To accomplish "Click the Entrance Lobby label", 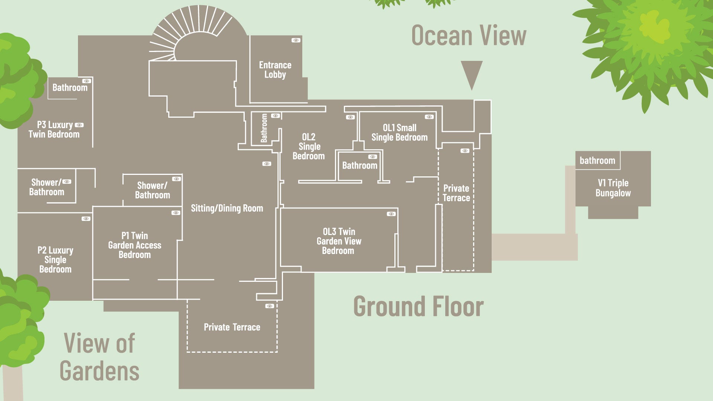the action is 275,70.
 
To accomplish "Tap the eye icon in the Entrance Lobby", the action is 296,40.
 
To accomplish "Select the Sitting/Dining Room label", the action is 227,208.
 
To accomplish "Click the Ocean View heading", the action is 469,36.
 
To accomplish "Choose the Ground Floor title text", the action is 419,307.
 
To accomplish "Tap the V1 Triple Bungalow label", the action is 613,188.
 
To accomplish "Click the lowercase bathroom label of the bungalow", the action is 598,160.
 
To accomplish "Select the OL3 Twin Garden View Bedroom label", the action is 339,241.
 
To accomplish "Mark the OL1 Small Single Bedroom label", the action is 400,133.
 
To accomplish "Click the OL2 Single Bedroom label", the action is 309,146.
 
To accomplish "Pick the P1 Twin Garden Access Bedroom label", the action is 135,245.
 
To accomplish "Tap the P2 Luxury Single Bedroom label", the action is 55,260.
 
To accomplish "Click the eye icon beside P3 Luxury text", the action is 79,125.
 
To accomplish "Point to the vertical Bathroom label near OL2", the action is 264,128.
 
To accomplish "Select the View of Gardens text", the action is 100,357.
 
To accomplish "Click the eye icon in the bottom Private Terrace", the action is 270,306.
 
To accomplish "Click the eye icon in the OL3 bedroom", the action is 391,214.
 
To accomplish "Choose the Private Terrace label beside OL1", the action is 456,193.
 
